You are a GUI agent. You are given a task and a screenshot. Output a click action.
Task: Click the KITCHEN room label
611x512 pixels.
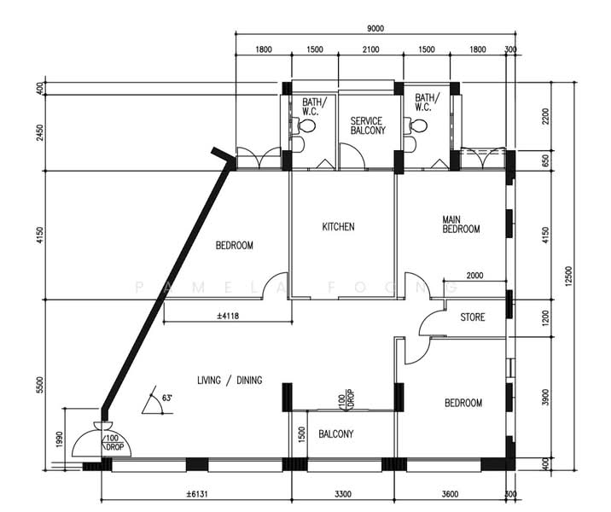(x=338, y=226)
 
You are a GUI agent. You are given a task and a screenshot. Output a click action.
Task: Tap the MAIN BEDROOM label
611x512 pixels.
(x=461, y=224)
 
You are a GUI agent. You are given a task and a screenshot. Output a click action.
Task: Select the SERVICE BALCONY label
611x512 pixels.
(x=368, y=125)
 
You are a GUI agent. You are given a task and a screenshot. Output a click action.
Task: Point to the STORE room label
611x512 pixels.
(x=473, y=317)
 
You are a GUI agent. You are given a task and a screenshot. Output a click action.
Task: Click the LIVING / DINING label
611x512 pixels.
(x=230, y=380)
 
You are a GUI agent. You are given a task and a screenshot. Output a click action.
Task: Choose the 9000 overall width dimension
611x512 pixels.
(x=375, y=28)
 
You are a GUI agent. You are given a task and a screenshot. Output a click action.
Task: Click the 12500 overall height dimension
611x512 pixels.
(x=568, y=276)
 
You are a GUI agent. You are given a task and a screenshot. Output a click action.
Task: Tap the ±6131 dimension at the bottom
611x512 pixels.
(x=197, y=494)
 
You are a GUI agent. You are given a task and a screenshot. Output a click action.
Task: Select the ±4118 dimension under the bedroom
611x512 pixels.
(x=228, y=316)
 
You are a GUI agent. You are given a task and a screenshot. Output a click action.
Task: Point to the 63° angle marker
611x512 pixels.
(x=166, y=399)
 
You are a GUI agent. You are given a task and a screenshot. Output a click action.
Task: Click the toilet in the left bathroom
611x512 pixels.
(x=306, y=125)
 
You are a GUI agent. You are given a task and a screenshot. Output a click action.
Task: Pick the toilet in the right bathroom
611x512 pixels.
(x=418, y=125)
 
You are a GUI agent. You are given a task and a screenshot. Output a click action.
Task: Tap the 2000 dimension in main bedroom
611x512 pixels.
(x=474, y=276)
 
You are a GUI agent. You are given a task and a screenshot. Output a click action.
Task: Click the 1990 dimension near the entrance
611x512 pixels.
(x=59, y=439)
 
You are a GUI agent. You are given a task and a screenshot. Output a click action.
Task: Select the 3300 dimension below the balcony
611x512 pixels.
(x=343, y=494)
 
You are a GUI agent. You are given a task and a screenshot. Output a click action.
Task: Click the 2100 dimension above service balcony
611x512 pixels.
(x=370, y=49)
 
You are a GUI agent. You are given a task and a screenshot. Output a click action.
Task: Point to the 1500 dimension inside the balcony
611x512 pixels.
(x=301, y=434)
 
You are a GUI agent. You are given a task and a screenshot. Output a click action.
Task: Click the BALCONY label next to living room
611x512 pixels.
(x=336, y=433)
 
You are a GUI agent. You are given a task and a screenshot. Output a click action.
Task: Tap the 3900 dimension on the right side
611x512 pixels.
(x=545, y=397)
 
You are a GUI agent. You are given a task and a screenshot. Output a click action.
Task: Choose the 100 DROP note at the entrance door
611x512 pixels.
(x=113, y=443)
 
